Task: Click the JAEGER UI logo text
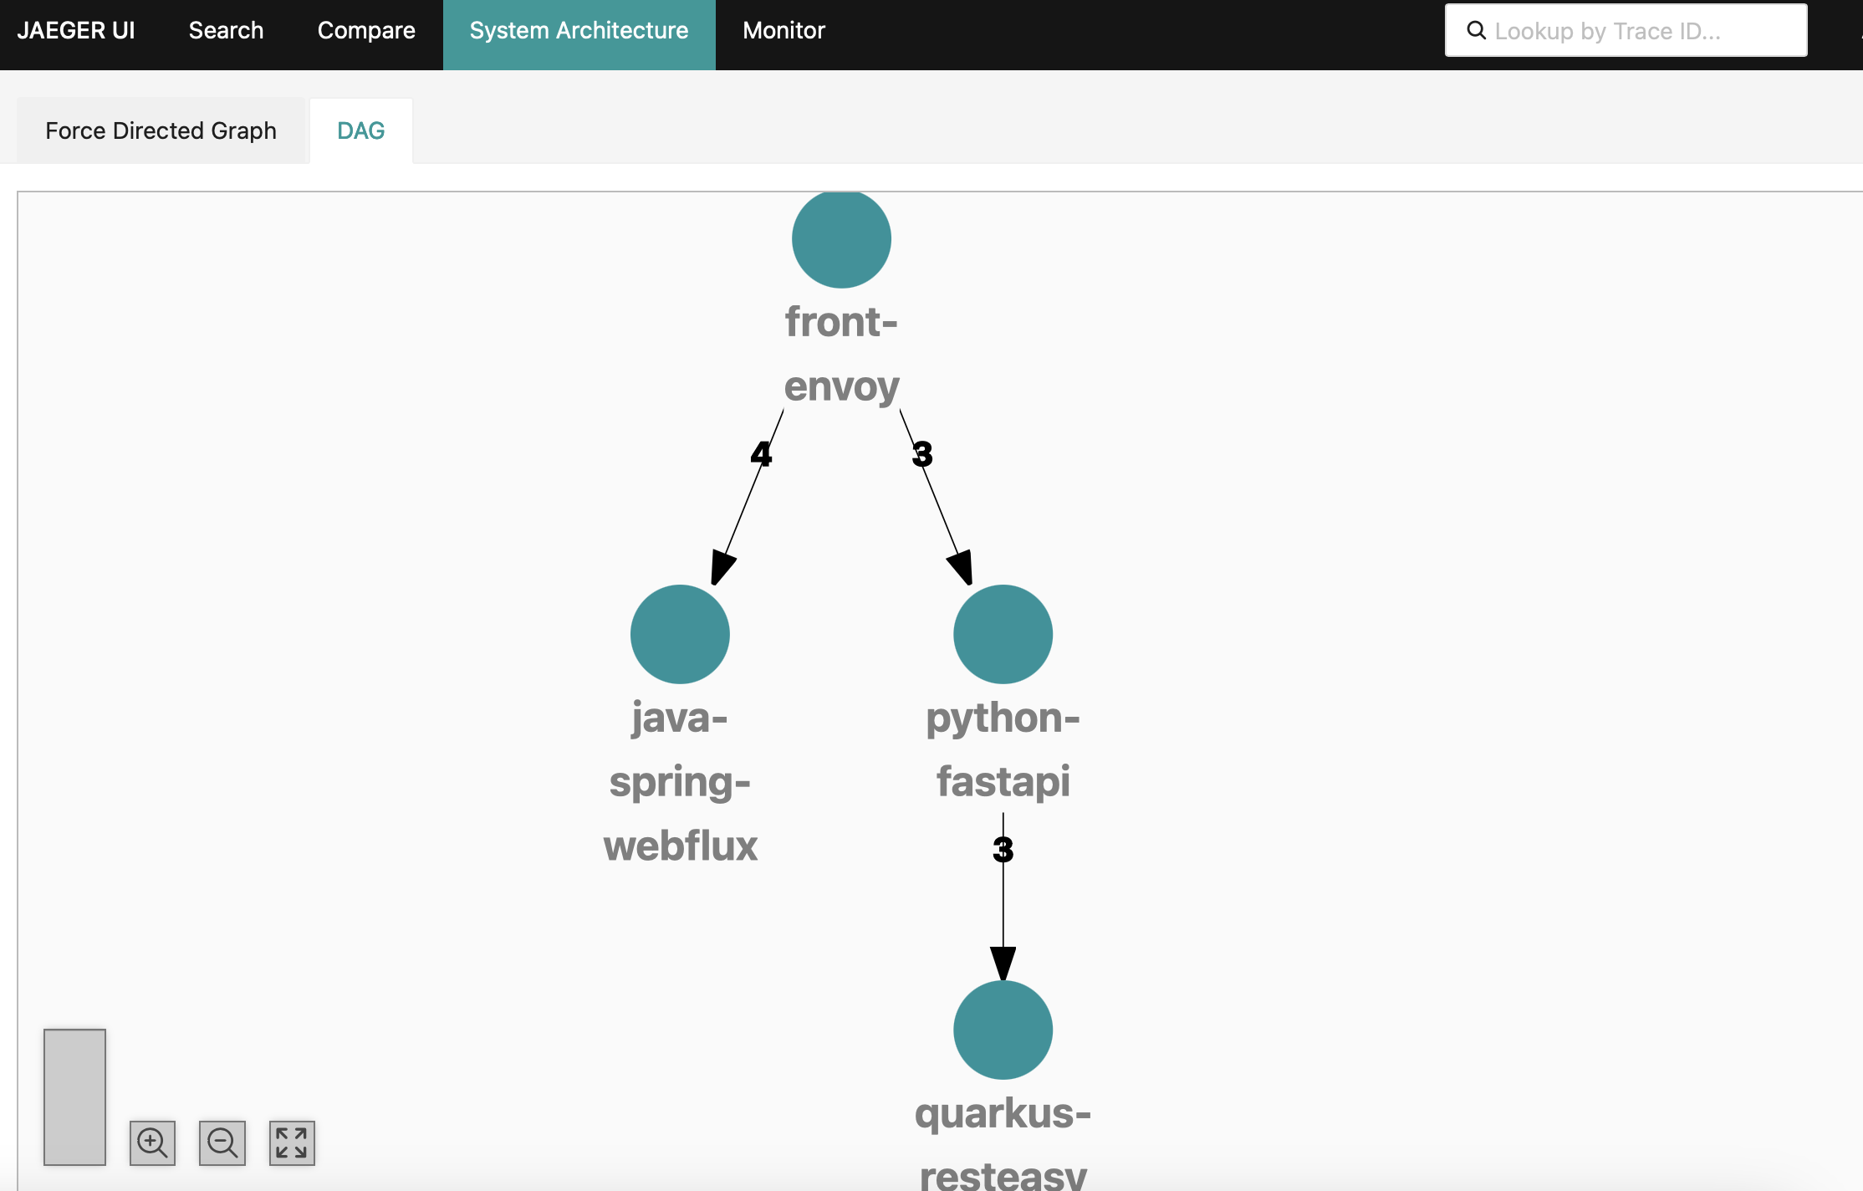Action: coord(76,31)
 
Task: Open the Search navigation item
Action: coord(226,31)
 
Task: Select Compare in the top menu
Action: coord(366,31)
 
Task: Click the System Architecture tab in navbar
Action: coord(579,31)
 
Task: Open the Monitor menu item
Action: coord(783,31)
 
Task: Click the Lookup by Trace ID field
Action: coord(1639,31)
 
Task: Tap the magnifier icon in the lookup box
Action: coord(1477,31)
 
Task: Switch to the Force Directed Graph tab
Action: coord(161,130)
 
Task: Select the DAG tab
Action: coord(360,130)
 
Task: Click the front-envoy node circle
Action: coord(841,239)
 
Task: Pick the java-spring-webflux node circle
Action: coord(680,634)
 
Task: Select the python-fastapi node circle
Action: coord(1003,634)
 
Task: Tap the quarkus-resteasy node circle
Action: coord(1003,1030)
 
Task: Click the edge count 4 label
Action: coord(761,454)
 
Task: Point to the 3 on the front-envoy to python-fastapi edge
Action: coord(922,454)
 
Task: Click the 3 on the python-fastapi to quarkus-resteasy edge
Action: coord(1003,850)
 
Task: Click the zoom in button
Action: coord(152,1142)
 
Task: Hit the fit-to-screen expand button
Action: coord(292,1142)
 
